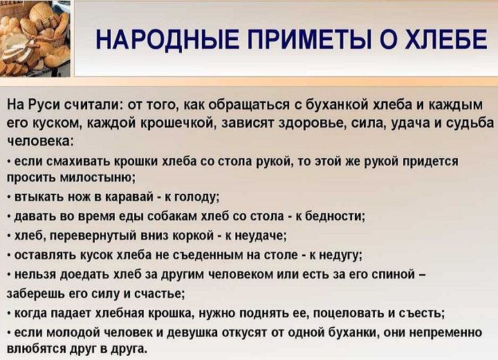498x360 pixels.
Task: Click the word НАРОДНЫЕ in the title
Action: (x=168, y=39)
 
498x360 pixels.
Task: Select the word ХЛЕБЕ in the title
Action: (x=445, y=39)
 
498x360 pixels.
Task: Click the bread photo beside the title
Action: (x=35, y=38)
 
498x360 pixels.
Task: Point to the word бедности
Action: (x=335, y=216)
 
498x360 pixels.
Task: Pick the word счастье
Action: (x=160, y=294)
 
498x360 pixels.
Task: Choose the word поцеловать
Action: (x=349, y=314)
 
